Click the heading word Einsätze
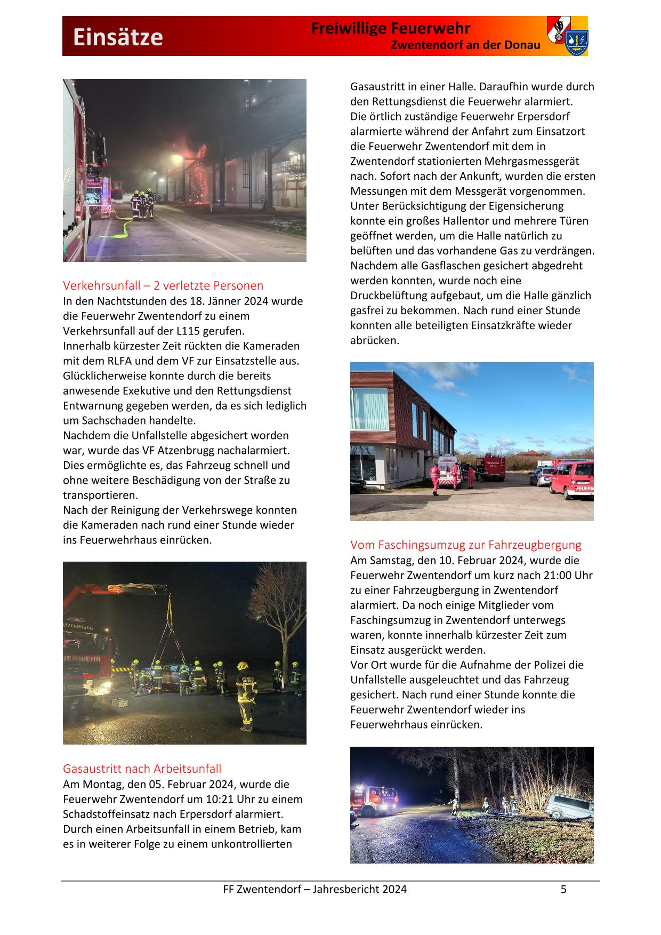tap(118, 37)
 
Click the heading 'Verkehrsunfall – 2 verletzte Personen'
tap(163, 285)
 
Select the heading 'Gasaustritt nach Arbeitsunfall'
tap(142, 769)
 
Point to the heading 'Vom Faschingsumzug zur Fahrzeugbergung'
tap(465, 545)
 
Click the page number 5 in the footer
tap(563, 889)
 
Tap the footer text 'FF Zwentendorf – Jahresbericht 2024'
tap(315, 889)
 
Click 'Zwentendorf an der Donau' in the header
tap(465, 45)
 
